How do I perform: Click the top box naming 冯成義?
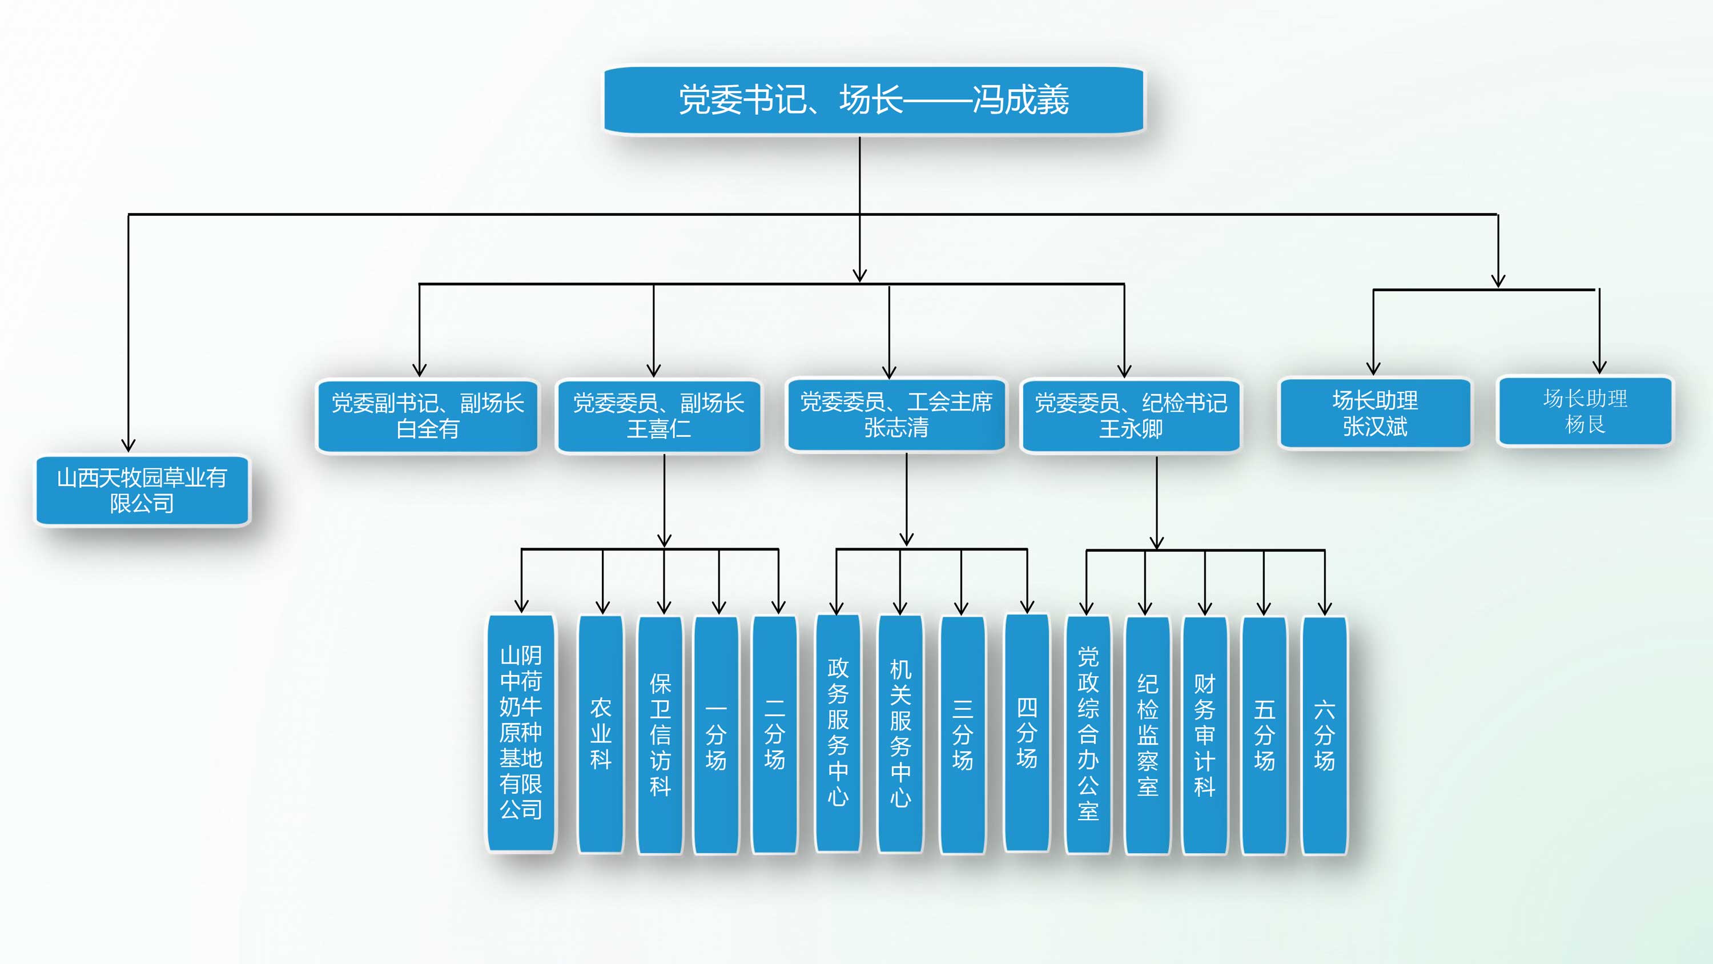tap(873, 100)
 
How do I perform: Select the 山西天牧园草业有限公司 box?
tap(142, 491)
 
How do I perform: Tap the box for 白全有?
tap(428, 416)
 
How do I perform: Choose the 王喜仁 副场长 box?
tap(658, 416)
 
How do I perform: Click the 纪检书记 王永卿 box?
tap(1131, 416)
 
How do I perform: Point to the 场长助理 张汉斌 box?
tap(1374, 413)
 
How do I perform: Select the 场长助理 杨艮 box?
tap(1585, 411)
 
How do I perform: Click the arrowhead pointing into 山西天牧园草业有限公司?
tap(128, 446)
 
